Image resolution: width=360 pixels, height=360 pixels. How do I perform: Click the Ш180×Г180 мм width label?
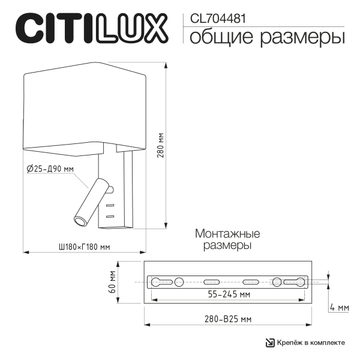point(84,247)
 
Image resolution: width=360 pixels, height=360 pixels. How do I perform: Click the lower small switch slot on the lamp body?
point(110,215)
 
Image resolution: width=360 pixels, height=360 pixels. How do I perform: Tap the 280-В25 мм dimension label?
point(225,319)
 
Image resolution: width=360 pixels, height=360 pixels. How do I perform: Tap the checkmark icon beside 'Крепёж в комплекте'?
point(270,343)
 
